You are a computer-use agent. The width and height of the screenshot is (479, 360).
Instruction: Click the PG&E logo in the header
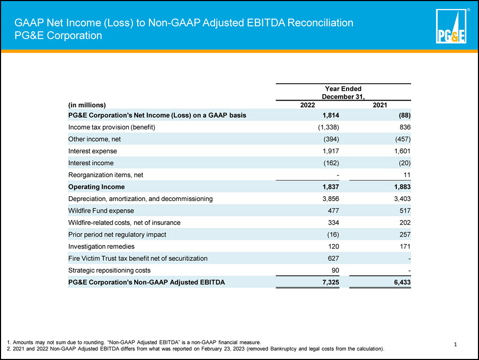(451, 26)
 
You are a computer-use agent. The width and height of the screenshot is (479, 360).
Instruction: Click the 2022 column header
(307, 105)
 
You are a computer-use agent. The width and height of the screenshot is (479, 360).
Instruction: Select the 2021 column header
(380, 105)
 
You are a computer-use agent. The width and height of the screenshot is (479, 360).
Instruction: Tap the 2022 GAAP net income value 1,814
(331, 116)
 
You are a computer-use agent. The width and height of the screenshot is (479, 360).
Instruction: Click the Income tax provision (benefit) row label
(112, 127)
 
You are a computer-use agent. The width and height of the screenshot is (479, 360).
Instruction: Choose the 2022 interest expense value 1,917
(331, 151)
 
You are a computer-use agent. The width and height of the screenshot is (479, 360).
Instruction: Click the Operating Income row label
(96, 187)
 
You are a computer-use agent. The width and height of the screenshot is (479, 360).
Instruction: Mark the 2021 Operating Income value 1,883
(402, 187)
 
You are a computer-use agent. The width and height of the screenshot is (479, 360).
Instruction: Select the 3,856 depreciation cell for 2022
(331, 199)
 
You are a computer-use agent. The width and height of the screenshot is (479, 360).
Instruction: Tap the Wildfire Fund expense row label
(101, 210)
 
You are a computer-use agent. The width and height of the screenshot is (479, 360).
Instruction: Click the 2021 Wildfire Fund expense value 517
(405, 210)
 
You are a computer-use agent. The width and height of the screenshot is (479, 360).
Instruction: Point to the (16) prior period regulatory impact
(333, 234)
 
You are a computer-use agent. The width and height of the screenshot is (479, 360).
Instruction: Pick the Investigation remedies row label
(101, 247)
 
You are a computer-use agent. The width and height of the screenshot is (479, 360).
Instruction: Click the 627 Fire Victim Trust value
(333, 258)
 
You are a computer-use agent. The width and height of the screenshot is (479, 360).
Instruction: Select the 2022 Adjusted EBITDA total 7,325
(331, 282)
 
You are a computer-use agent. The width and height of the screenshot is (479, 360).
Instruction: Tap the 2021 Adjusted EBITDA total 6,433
(402, 282)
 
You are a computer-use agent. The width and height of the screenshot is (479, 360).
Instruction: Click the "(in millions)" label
(87, 105)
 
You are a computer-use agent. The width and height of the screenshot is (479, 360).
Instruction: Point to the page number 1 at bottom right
(455, 345)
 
